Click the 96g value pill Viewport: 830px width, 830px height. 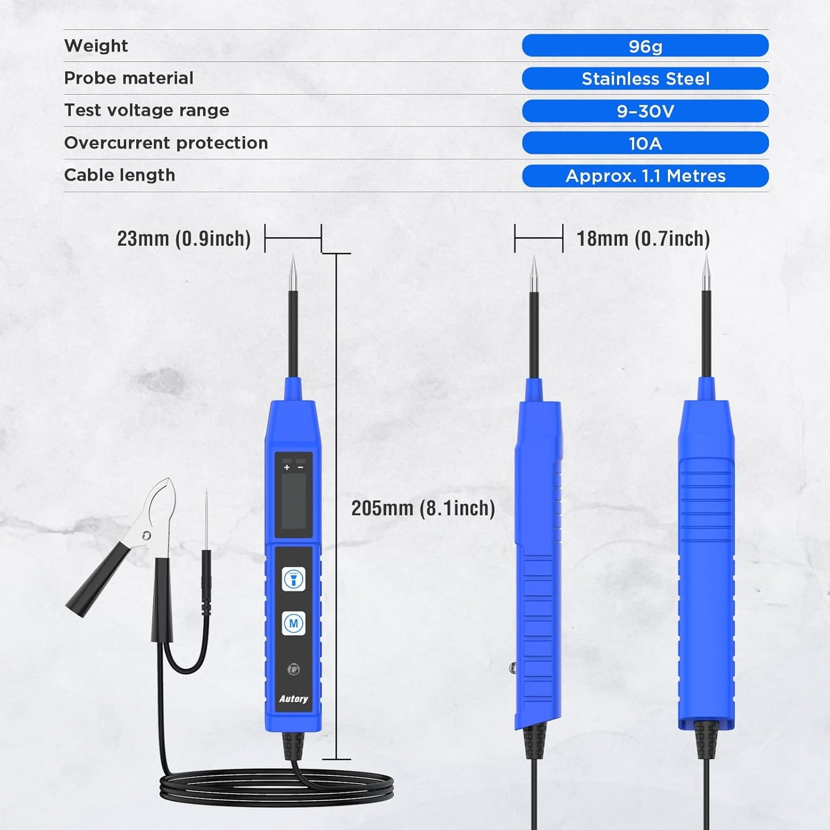tap(645, 46)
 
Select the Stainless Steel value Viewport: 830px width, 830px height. tap(645, 79)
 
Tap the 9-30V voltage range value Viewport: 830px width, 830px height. tap(645, 111)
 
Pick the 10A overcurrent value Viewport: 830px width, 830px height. tap(645, 143)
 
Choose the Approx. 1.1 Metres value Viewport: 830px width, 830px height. tap(645, 176)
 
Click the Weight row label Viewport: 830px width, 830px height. tap(96, 46)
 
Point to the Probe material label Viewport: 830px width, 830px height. tap(129, 78)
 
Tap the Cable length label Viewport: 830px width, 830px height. tap(119, 175)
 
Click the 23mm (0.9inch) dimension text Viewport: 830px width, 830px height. tap(184, 238)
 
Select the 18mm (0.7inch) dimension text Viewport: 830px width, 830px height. tap(643, 238)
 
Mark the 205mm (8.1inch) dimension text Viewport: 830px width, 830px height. tap(423, 508)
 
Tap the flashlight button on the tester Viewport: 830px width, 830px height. tap(294, 580)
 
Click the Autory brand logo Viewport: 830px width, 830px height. tap(294, 699)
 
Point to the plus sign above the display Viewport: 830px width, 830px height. tap(287, 468)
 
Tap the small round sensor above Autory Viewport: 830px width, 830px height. tap(294, 669)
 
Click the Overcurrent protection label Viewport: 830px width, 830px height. tap(166, 143)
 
